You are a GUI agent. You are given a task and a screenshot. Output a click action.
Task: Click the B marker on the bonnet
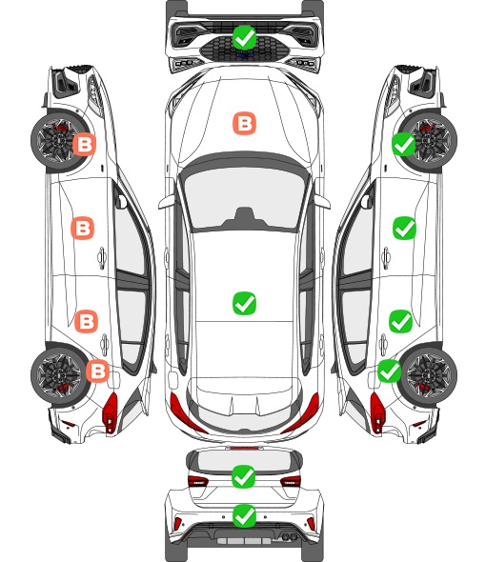coord(245,124)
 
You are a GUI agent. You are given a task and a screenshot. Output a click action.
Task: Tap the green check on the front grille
coord(244,37)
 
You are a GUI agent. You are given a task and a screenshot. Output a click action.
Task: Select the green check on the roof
coord(244,303)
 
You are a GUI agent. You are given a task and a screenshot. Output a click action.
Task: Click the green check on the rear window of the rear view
coord(244,476)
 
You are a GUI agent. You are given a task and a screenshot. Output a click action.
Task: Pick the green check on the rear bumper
coord(244,516)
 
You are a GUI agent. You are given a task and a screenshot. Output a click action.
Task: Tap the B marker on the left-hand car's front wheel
coord(85,145)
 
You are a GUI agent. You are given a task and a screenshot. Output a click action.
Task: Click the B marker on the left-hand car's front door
coord(83,228)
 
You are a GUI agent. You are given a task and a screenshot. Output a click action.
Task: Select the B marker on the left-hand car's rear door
coord(86,321)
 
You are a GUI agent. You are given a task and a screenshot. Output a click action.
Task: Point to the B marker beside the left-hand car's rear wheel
coord(97,371)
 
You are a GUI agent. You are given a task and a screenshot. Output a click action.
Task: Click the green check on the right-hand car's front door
coord(405,228)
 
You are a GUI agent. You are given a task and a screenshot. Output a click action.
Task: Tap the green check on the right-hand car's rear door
coord(401,322)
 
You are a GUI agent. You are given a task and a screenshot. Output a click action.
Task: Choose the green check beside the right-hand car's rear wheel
coord(390,371)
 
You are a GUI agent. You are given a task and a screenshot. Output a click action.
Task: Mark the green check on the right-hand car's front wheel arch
coord(404,144)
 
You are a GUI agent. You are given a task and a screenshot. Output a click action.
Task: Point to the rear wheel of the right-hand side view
coord(429,375)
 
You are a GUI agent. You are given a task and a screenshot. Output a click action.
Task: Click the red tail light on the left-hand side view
coord(111,412)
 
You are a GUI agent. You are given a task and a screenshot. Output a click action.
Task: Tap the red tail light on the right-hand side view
coord(377,412)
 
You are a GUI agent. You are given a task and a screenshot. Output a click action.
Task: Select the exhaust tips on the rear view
coord(290,536)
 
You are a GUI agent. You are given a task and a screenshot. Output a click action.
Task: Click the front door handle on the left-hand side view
coord(102,257)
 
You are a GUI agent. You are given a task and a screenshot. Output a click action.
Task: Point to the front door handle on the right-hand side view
coord(386,257)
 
